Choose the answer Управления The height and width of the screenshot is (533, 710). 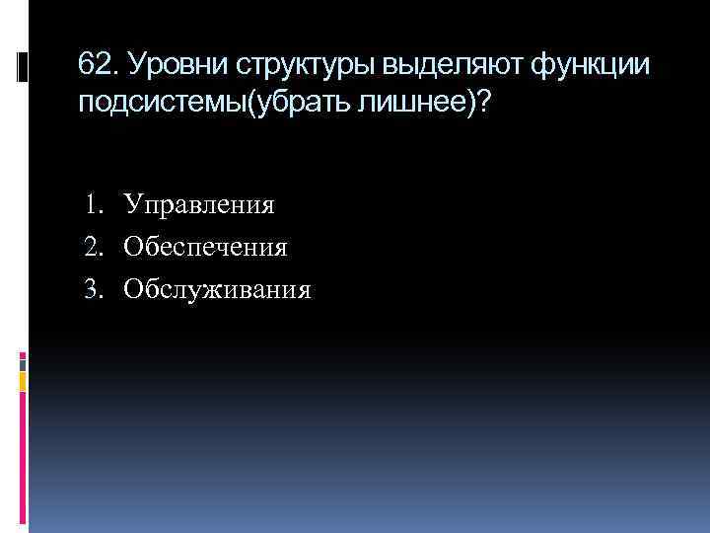(198, 205)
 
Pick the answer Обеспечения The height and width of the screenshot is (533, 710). (205, 247)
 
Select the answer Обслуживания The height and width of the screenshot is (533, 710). (217, 289)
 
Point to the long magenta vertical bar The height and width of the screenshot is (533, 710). (24, 464)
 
